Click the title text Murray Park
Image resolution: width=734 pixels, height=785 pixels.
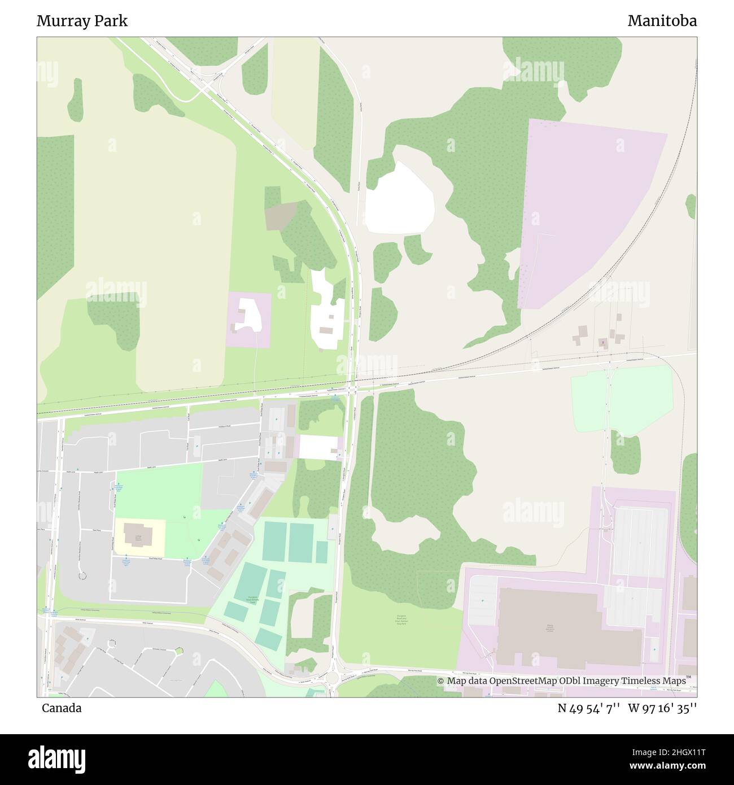click(x=82, y=21)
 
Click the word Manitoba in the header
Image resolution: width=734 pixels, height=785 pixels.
click(x=662, y=21)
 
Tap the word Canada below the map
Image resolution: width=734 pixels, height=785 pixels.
click(x=61, y=708)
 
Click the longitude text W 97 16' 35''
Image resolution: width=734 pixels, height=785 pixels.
click(x=662, y=708)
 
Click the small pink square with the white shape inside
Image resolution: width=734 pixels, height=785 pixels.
click(x=248, y=319)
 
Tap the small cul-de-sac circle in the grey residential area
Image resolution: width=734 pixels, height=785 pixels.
click(x=82, y=576)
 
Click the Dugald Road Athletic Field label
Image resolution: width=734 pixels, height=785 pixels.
click(x=252, y=600)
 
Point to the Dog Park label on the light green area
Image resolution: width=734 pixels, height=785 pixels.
click(x=401, y=620)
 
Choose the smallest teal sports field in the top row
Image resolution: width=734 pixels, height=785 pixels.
click(x=321, y=552)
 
